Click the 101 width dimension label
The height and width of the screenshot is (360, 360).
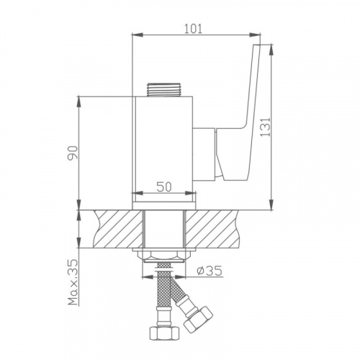pyautogui.click(x=193, y=29)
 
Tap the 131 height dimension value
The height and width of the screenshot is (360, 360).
pyautogui.click(x=265, y=127)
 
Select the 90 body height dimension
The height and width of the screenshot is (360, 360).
pyautogui.click(x=73, y=152)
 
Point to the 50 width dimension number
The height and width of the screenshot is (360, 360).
pyautogui.click(x=164, y=186)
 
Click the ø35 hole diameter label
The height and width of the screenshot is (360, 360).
pyautogui.click(x=210, y=271)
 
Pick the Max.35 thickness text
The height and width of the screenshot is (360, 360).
pyautogui.click(x=73, y=282)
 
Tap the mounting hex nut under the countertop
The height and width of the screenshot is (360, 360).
pyautogui.click(x=164, y=256)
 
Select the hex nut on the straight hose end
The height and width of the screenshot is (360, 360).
pyautogui.click(x=164, y=333)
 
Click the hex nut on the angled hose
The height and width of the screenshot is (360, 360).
pyautogui.click(x=198, y=319)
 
